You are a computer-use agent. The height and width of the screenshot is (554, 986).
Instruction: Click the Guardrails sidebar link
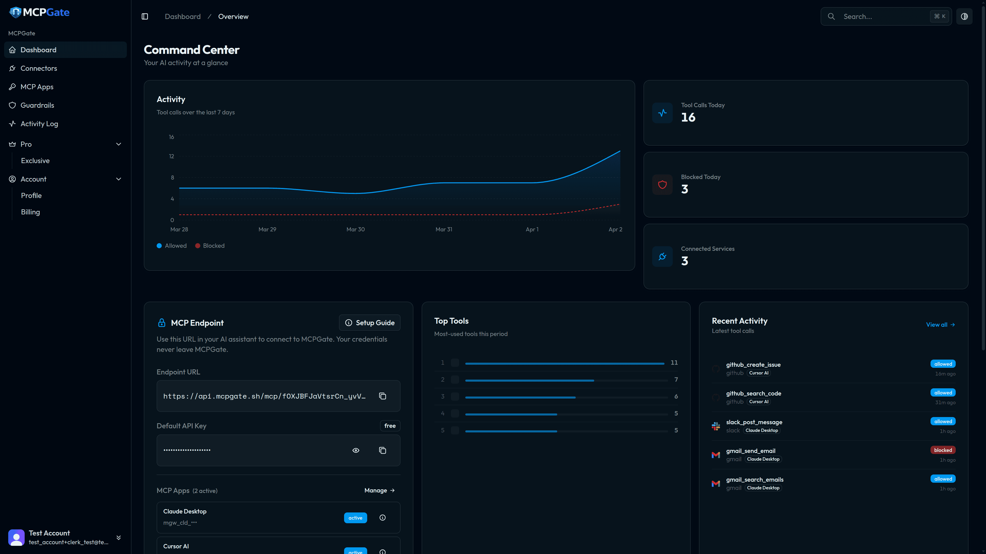point(37,105)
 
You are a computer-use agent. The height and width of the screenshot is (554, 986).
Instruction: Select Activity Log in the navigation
point(39,123)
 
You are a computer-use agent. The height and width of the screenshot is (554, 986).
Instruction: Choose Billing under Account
point(30,212)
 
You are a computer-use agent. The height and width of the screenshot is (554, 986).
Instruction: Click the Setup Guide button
point(369,323)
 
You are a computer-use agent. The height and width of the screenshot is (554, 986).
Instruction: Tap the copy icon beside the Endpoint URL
point(382,396)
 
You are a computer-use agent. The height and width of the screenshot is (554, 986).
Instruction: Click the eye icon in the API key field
point(356,450)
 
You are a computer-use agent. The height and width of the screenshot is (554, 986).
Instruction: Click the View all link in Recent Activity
point(940,325)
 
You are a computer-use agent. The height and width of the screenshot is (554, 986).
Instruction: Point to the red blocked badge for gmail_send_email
point(943,450)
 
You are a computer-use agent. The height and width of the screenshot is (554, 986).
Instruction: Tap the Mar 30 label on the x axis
point(355,229)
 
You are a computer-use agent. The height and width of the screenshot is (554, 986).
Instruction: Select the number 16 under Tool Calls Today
point(688,117)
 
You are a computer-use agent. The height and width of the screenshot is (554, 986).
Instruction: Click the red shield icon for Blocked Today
point(662,185)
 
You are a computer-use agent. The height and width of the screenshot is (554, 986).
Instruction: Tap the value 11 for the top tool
point(674,362)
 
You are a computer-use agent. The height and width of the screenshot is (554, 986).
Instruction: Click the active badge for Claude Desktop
point(355,518)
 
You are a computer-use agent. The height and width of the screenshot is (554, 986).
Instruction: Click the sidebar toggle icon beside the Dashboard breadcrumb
point(145,16)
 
